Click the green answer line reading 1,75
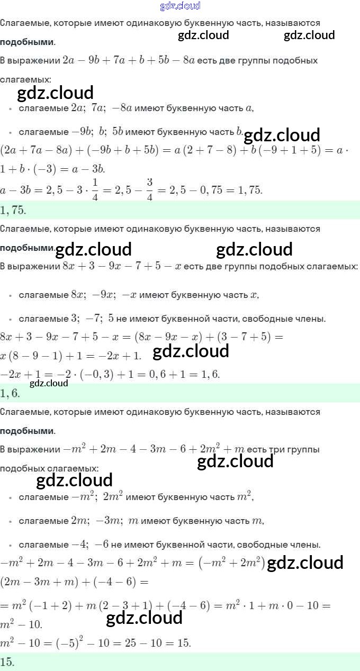13,210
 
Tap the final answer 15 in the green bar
7,661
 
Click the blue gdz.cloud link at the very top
180,6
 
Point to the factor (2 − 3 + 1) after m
121,605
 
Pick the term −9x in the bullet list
103,295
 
